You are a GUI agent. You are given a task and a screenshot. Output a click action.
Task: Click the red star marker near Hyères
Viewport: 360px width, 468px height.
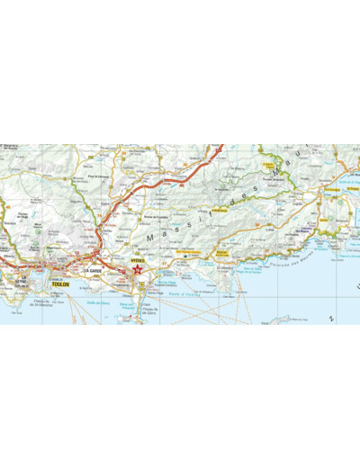pyautogui.click(x=138, y=268)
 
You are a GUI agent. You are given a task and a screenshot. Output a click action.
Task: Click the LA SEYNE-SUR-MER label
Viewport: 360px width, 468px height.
pyautogui.click(x=20, y=283)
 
